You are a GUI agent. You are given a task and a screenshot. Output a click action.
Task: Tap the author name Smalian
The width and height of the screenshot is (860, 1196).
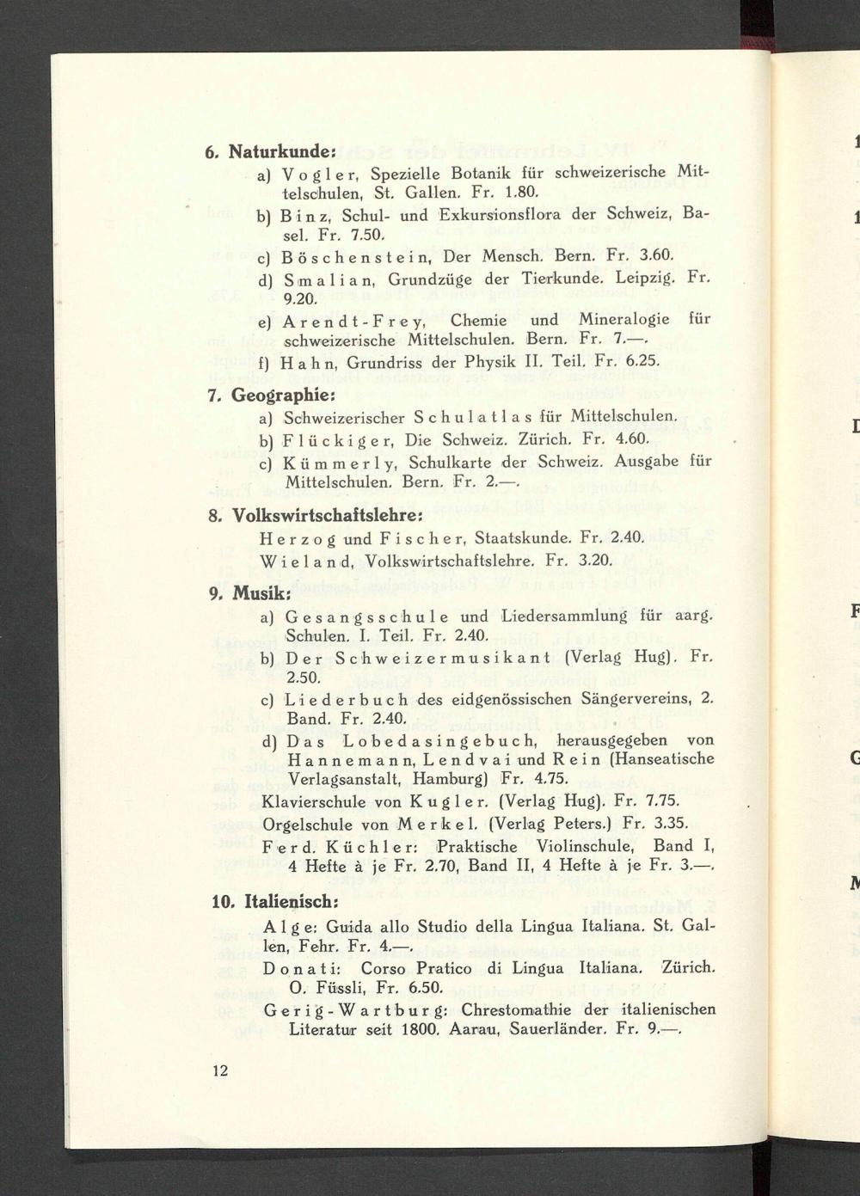click(x=331, y=279)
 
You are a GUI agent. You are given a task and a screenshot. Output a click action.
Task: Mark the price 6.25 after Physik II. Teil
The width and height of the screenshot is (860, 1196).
click(x=642, y=363)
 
